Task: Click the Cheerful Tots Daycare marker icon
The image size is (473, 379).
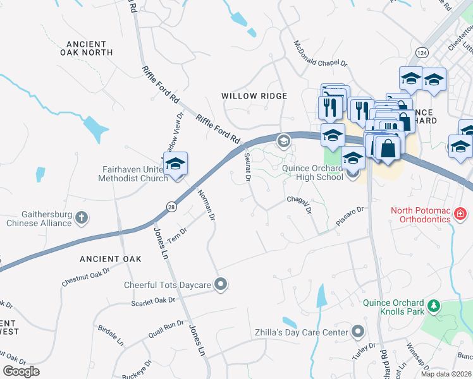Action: (x=220, y=285)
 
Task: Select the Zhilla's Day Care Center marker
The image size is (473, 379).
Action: (x=358, y=332)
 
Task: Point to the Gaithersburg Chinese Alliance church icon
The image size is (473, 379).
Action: (x=81, y=218)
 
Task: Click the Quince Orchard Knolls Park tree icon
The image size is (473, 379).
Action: (x=434, y=306)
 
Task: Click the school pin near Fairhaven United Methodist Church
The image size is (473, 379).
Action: (x=175, y=164)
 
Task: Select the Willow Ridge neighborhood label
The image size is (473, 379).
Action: (x=254, y=96)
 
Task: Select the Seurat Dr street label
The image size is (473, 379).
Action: (x=247, y=167)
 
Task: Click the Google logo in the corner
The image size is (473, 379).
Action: (x=21, y=371)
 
